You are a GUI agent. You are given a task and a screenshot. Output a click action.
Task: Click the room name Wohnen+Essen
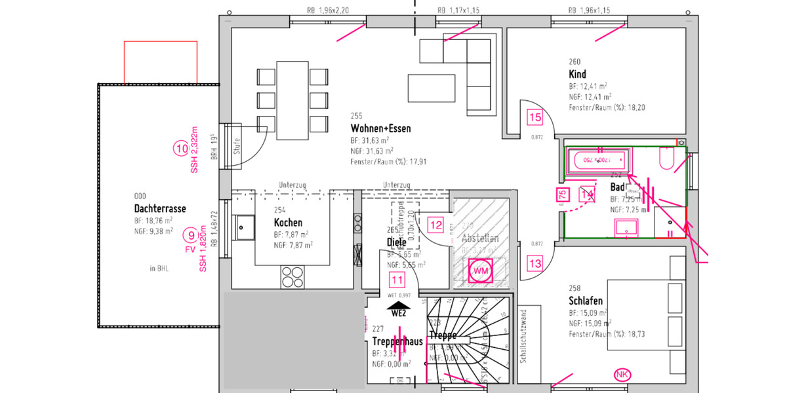pyautogui.click(x=380, y=128)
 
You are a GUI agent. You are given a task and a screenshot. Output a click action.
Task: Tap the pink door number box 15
pyautogui.click(x=535, y=118)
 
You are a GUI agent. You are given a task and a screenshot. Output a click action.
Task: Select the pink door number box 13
pyautogui.click(x=535, y=263)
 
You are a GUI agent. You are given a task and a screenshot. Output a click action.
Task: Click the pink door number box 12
pyautogui.click(x=435, y=225)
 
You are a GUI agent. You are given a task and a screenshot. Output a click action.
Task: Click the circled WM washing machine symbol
pyautogui.click(x=481, y=271)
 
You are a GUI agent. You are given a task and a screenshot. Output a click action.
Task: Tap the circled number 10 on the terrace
pyautogui.click(x=181, y=149)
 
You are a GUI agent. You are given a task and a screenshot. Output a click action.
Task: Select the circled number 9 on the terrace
pyautogui.click(x=190, y=236)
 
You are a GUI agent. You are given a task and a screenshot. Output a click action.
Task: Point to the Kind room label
pyautogui.click(x=578, y=74)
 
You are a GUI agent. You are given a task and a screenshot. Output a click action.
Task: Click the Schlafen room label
pyautogui.click(x=586, y=301)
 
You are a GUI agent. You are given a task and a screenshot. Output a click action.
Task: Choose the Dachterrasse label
pyautogui.click(x=159, y=209)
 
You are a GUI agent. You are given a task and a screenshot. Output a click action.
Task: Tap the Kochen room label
pyautogui.click(x=288, y=223)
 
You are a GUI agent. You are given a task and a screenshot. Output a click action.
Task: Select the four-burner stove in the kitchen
pyautogui.click(x=293, y=277)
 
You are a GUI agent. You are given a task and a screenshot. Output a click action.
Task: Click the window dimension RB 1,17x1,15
pyautogui.click(x=459, y=10)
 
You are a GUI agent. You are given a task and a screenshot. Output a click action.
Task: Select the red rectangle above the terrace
pyautogui.click(x=161, y=62)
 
